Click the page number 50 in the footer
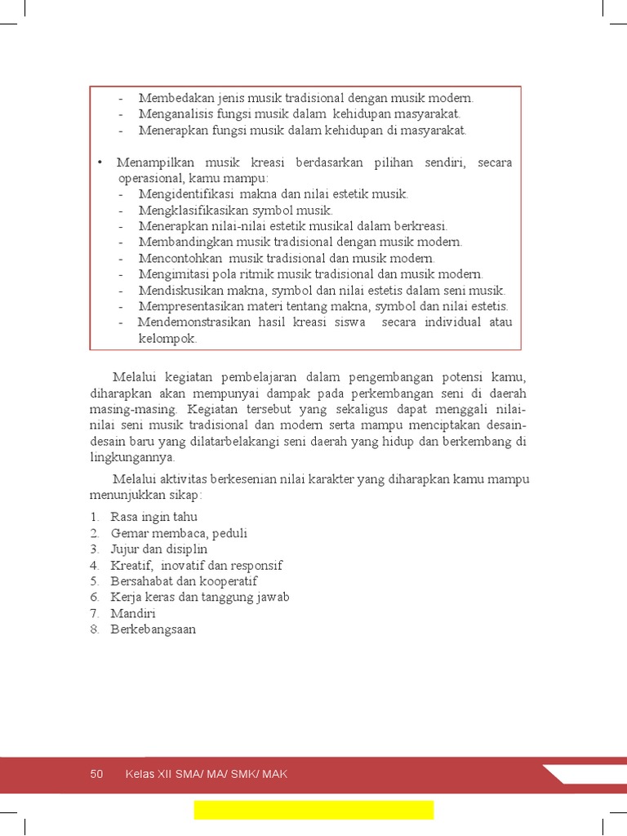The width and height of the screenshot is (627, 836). (x=97, y=774)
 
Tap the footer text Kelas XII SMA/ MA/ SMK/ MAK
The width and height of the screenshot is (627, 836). (x=206, y=774)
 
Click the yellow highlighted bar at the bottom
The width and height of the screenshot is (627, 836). (x=313, y=809)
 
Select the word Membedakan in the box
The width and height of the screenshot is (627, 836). (x=170, y=98)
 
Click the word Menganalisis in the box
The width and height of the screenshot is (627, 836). (x=171, y=114)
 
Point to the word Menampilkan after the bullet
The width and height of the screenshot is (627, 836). (x=154, y=162)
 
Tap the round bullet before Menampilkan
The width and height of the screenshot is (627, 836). (x=99, y=162)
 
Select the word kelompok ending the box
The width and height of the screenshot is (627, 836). (x=167, y=338)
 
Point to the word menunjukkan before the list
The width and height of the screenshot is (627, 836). (x=130, y=495)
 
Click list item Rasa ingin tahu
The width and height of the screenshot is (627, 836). (x=153, y=518)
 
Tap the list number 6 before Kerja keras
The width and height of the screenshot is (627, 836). (x=95, y=598)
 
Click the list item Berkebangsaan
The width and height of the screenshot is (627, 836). (x=153, y=629)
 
